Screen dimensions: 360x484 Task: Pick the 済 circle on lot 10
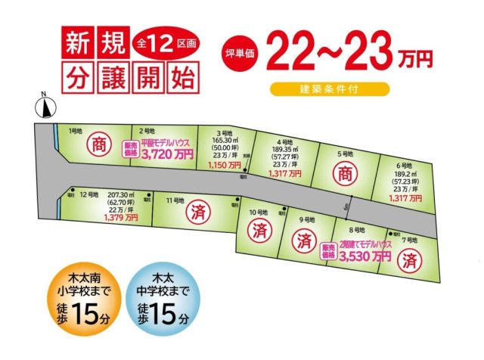click(259, 228)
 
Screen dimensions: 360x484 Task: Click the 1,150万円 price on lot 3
click(224, 164)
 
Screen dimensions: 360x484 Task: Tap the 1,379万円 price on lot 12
click(121, 218)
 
